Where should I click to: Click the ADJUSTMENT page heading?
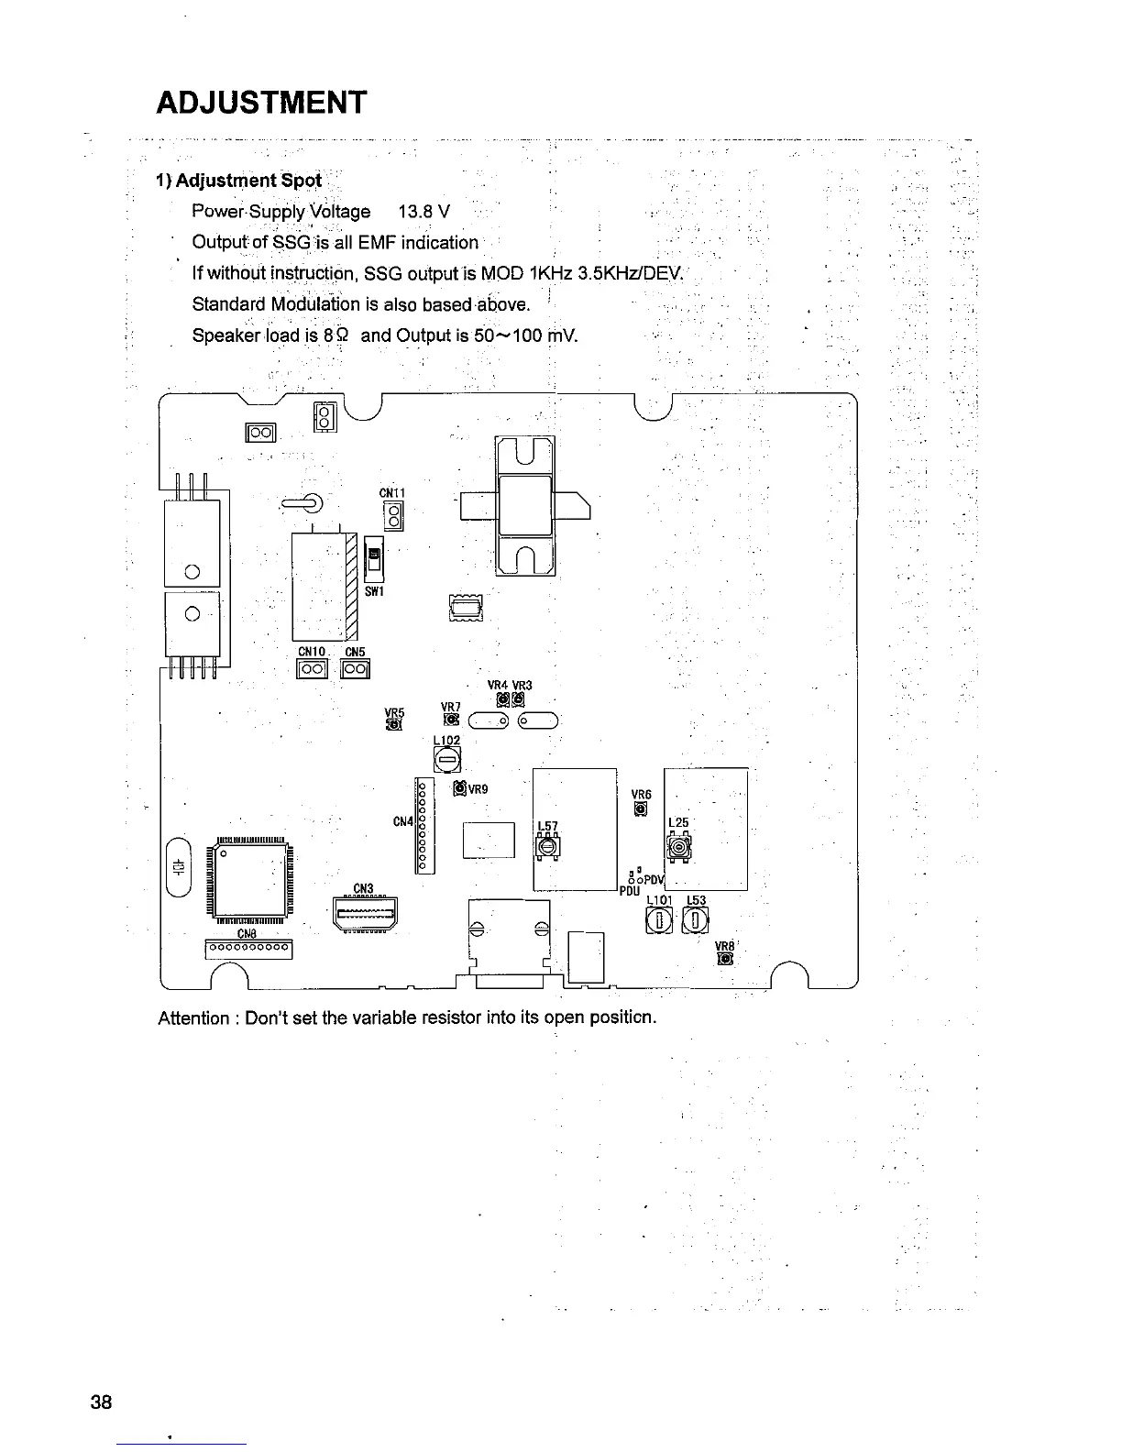click(x=261, y=102)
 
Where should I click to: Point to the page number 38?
click(x=101, y=1402)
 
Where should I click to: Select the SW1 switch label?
click(x=374, y=591)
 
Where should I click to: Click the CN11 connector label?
click(x=391, y=492)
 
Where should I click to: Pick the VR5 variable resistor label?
click(x=394, y=712)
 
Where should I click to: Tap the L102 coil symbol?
click(x=446, y=759)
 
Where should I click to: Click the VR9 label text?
click(x=478, y=789)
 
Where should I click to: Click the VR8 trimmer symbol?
click(x=725, y=960)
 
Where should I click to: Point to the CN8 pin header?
click(x=248, y=948)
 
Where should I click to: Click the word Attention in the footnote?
click(x=192, y=1018)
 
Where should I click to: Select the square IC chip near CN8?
click(x=250, y=878)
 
